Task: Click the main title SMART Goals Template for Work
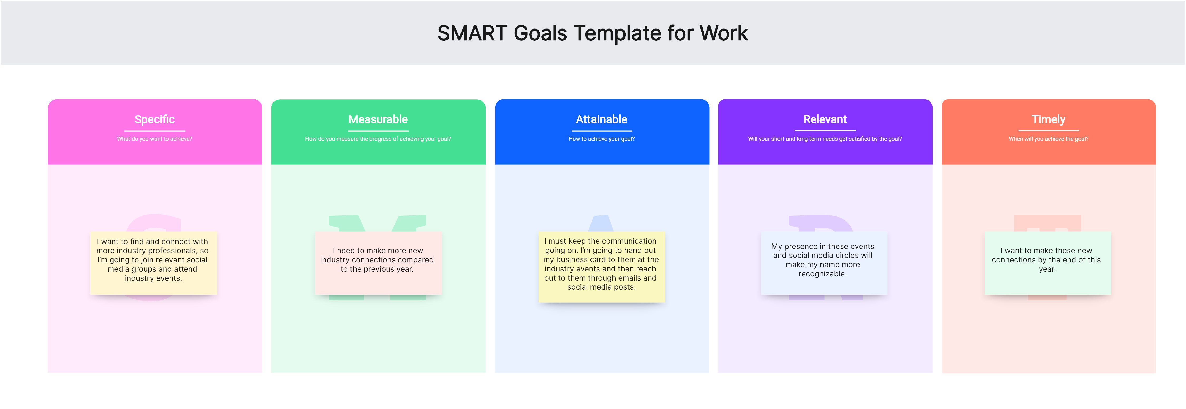click(593, 33)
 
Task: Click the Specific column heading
click(155, 119)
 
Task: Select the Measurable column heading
click(378, 119)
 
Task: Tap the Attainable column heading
click(601, 119)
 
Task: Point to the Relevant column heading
click(825, 119)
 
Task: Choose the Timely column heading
click(1048, 119)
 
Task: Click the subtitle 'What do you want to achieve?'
click(155, 139)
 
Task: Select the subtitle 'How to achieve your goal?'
click(601, 139)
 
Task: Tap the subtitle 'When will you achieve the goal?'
click(1048, 139)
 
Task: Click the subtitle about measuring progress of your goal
click(378, 139)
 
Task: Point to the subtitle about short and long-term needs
click(825, 139)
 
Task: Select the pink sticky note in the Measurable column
click(378, 263)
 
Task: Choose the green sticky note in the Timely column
click(1048, 263)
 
